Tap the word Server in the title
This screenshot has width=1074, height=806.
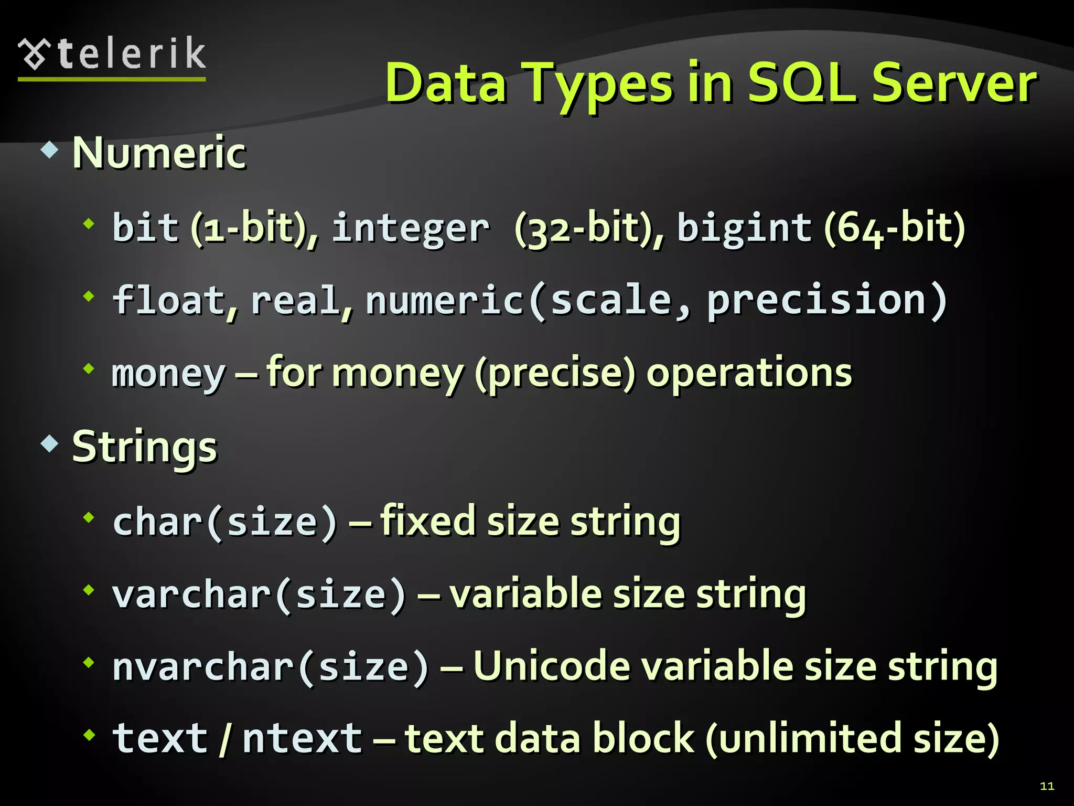click(x=954, y=83)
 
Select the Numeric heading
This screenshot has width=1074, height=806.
click(x=159, y=153)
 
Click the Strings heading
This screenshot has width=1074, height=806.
click(x=144, y=448)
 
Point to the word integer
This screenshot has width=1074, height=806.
click(x=411, y=229)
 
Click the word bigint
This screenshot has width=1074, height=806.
click(x=744, y=229)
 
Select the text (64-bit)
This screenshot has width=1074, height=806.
click(x=894, y=228)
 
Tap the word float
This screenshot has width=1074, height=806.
click(x=169, y=300)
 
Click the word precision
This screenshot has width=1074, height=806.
click(x=817, y=300)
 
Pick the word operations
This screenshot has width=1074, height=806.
click(x=749, y=373)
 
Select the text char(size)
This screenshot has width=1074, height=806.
click(x=225, y=522)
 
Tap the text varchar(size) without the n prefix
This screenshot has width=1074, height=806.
click(x=259, y=595)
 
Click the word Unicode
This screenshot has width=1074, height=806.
click(x=552, y=666)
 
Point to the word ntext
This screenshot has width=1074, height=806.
click(x=302, y=738)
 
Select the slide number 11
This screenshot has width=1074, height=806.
click(x=1047, y=786)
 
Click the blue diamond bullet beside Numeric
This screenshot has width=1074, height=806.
click(x=49, y=151)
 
